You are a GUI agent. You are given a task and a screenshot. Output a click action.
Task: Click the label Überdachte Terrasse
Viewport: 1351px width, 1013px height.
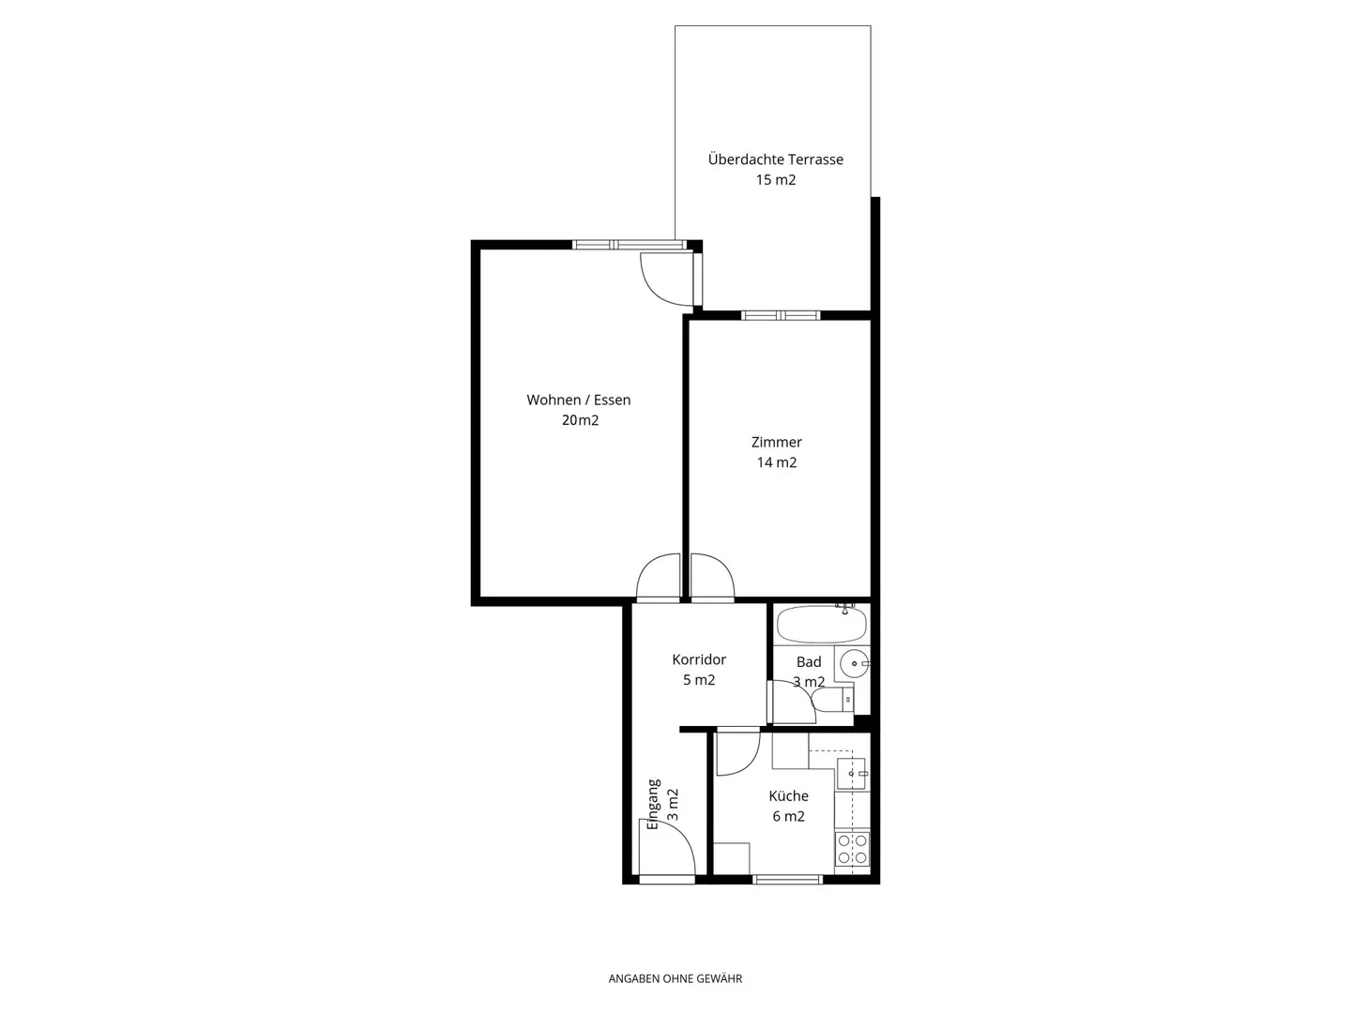pos(775,159)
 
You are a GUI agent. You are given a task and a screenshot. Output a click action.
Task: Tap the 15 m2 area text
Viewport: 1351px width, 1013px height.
pos(775,180)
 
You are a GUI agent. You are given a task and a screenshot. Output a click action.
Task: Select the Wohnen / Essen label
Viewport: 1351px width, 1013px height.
pos(578,400)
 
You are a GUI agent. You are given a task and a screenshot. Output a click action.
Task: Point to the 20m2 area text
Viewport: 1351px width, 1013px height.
pos(580,420)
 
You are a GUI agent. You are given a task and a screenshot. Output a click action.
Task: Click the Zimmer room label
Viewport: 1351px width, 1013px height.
pos(776,442)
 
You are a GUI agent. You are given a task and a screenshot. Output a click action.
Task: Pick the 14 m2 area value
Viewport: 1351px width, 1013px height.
pos(776,462)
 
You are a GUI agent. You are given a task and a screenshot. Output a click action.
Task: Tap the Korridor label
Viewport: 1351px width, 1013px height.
pos(699,660)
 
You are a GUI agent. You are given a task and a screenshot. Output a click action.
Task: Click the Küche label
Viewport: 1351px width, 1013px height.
pos(788,796)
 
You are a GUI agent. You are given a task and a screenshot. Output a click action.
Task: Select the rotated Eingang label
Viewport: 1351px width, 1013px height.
pos(654,804)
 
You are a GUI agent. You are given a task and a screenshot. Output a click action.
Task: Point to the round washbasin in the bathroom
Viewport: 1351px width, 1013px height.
pos(854,663)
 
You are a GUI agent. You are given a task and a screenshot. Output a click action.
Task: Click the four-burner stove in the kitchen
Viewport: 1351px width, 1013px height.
pos(852,849)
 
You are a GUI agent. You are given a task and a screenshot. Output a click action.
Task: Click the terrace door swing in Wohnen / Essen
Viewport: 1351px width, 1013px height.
pos(664,279)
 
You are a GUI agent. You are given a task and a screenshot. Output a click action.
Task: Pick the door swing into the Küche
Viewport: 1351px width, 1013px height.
pos(736,753)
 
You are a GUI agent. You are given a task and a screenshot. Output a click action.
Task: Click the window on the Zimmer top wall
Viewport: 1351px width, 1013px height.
pos(781,315)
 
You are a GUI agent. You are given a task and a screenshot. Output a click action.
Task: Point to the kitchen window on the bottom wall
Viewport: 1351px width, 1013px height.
pos(788,880)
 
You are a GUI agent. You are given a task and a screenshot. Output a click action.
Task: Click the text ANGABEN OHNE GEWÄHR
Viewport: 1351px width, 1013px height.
pos(675,978)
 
